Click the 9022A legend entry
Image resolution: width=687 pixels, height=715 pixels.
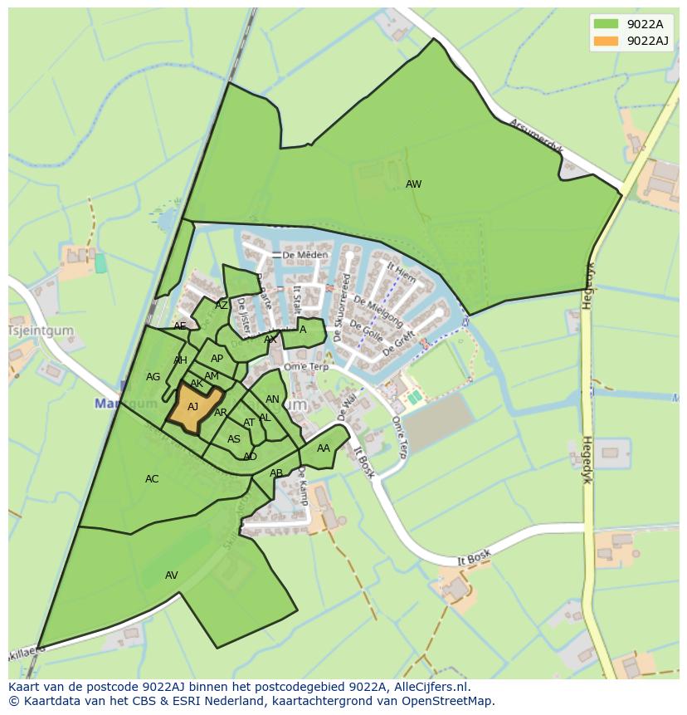coord(643,24)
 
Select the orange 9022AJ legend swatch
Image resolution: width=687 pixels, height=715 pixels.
coord(606,41)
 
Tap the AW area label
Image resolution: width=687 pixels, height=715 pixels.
coord(413,184)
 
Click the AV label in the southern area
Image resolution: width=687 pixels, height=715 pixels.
coord(172,575)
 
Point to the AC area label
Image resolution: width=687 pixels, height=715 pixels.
coord(152,479)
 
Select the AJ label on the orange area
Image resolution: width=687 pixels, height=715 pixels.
coord(192,407)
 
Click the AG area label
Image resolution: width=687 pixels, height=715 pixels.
coord(153,377)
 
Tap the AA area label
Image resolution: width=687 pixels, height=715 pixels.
coord(324,448)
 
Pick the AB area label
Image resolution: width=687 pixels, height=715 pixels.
coord(276,473)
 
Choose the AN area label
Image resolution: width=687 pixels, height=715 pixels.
coord(272,399)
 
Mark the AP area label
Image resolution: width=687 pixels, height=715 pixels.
coord(217,359)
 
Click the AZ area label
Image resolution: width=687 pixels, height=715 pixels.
coord(222,306)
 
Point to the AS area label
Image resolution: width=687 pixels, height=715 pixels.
coord(234,439)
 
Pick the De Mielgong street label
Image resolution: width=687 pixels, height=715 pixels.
coord(378,310)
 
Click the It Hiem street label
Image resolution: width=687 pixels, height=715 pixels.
coord(402,274)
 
